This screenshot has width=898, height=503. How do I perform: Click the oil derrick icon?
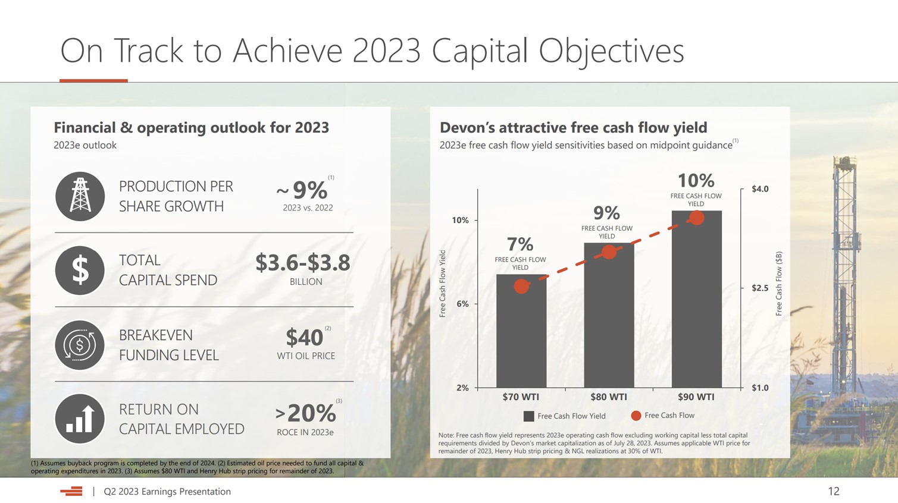click(80, 196)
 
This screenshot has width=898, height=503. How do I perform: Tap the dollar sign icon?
click(80, 271)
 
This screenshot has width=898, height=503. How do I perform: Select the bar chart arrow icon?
click(80, 419)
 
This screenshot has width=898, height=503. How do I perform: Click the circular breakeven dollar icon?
click(80, 345)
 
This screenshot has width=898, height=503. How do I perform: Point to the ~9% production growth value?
click(304, 190)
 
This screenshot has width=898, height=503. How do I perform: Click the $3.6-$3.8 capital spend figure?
click(302, 262)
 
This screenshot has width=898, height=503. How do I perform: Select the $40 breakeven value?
click(304, 337)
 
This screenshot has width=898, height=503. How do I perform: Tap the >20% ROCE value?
click(306, 412)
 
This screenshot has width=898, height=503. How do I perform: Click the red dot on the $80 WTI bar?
click(609, 252)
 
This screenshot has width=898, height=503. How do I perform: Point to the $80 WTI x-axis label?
click(608, 397)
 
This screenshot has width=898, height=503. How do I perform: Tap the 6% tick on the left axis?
click(462, 304)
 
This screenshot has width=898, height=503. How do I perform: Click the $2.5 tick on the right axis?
click(759, 288)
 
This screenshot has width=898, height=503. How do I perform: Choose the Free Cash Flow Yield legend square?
click(528, 416)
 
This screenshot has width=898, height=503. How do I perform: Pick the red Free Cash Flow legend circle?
click(636, 416)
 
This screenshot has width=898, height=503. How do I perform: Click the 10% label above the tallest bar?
click(696, 180)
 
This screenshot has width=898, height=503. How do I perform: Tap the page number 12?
click(833, 491)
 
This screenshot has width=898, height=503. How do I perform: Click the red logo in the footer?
click(71, 491)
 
